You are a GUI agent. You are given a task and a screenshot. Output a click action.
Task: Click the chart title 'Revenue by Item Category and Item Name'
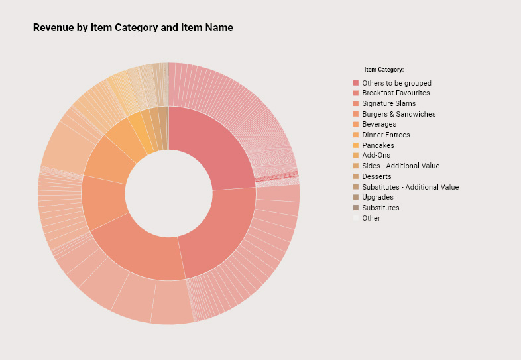[133, 28]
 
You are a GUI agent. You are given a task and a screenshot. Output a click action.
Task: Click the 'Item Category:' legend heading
[384, 70]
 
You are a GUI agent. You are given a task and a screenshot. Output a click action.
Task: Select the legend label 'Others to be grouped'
[396, 83]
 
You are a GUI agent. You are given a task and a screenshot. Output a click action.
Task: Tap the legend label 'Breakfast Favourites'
[396, 93]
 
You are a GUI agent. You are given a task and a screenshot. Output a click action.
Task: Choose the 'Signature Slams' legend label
[388, 103]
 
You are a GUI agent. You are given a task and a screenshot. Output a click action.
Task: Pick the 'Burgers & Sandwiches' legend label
[398, 114]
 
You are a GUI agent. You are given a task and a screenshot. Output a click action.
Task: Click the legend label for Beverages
[379, 124]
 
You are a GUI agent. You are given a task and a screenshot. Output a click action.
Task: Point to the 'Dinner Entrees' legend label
[386, 135]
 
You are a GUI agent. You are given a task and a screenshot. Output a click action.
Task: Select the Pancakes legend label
[378, 145]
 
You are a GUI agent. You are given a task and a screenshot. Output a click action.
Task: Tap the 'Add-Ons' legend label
[376, 155]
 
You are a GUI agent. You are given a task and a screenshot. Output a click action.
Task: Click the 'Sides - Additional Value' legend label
[400, 166]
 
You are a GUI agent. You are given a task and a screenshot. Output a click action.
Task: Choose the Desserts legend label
[376, 176]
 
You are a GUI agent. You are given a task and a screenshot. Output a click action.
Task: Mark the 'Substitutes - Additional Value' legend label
[410, 187]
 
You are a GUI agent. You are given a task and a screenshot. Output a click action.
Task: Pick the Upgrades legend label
[377, 197]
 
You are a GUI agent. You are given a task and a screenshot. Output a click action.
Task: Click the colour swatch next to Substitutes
[356, 208]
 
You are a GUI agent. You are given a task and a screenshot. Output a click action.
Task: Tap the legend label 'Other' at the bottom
[371, 218]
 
